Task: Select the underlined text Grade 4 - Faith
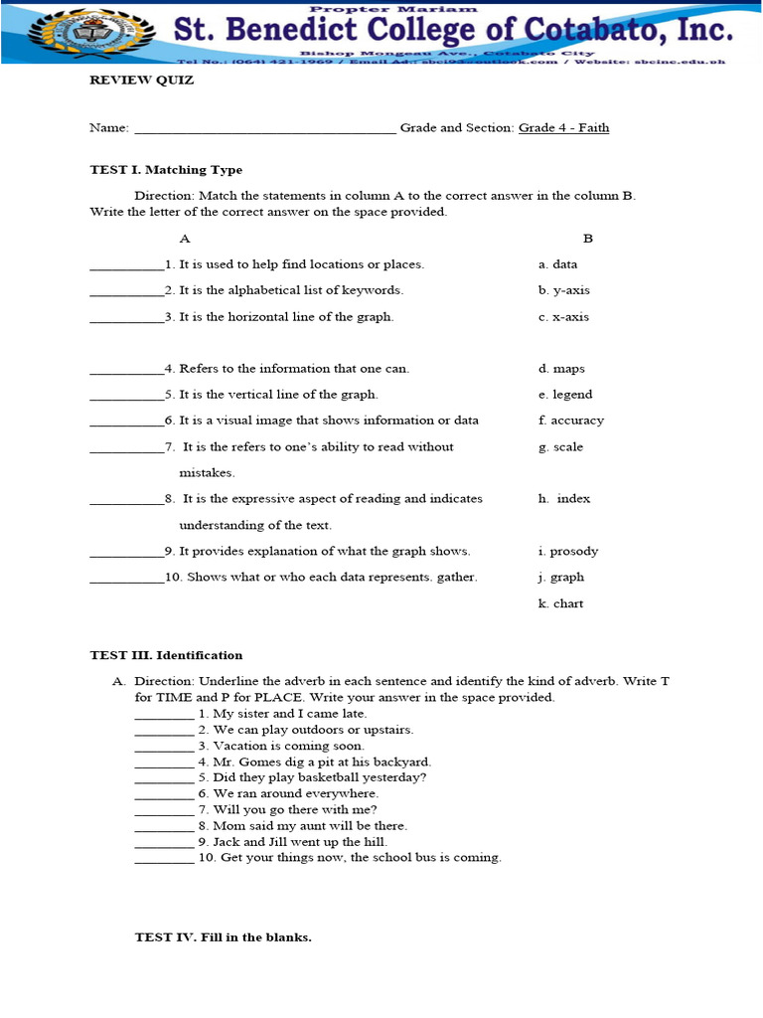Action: point(563,127)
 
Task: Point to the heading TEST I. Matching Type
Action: point(166,170)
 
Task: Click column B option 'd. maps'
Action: point(561,369)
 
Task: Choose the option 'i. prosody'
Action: point(568,551)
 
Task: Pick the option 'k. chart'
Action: point(561,603)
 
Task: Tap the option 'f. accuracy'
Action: point(571,421)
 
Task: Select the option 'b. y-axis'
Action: point(563,290)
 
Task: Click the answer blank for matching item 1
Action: point(127,266)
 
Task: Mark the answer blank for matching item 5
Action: point(127,397)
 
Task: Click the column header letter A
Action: point(184,239)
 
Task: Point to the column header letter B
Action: point(587,239)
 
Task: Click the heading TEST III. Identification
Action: point(166,655)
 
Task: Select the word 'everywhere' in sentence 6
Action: point(344,793)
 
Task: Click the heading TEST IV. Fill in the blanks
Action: point(224,936)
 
